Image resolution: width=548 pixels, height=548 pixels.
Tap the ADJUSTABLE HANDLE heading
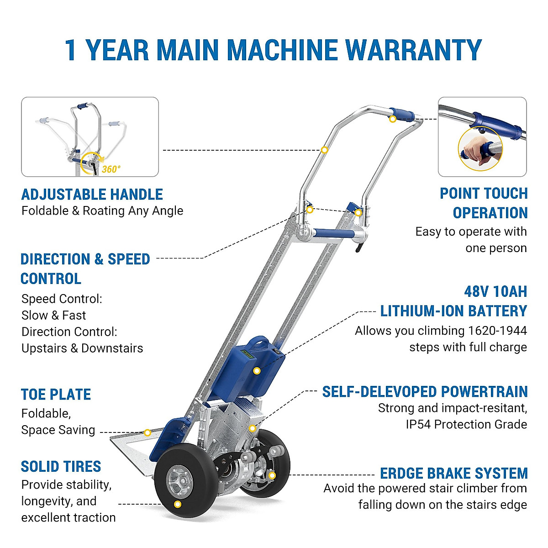[x=92, y=195]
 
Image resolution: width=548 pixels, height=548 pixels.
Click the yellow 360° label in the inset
[x=111, y=169]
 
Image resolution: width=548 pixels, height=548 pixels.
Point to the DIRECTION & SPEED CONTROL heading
[x=85, y=269]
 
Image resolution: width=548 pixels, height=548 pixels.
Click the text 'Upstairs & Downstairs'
[x=82, y=348]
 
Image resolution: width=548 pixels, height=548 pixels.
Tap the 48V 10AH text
[x=495, y=291]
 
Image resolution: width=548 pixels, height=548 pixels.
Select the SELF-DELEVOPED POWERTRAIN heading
[x=425, y=392]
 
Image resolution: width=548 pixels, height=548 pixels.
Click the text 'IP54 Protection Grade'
[x=466, y=424]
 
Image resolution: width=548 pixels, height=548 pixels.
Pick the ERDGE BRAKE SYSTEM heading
[x=453, y=473]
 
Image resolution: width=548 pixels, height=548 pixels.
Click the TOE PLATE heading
[x=56, y=395]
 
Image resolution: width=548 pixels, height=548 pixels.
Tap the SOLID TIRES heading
[x=61, y=467]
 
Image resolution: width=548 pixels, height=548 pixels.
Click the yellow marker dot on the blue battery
[x=257, y=371]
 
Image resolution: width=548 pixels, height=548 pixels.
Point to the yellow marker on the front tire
[x=178, y=505]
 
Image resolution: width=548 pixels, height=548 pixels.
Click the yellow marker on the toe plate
[x=148, y=432]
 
